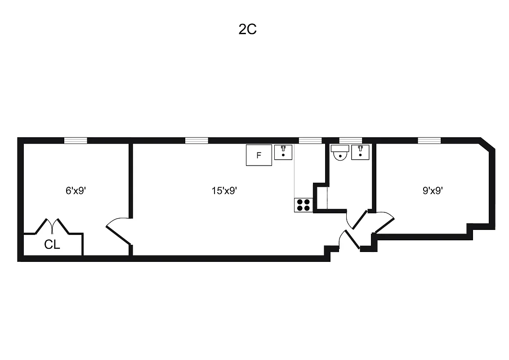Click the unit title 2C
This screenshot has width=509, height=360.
click(247, 30)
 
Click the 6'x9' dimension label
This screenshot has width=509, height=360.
click(76, 190)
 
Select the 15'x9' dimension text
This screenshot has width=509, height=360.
click(224, 190)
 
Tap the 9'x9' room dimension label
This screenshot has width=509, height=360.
click(433, 190)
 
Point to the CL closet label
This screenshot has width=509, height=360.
click(52, 245)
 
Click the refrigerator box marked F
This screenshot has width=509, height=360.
click(259, 155)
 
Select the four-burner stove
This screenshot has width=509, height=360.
click(304, 205)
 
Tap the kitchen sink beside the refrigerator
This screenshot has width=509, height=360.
click(283, 152)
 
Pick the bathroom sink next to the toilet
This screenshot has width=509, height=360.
click(360, 152)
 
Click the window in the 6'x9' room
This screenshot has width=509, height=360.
click(76, 140)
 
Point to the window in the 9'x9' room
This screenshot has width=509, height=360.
click(429, 140)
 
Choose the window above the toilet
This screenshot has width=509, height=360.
click(350, 140)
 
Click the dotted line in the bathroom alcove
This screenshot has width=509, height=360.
click(327, 198)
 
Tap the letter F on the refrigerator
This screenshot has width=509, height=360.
click(259, 156)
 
